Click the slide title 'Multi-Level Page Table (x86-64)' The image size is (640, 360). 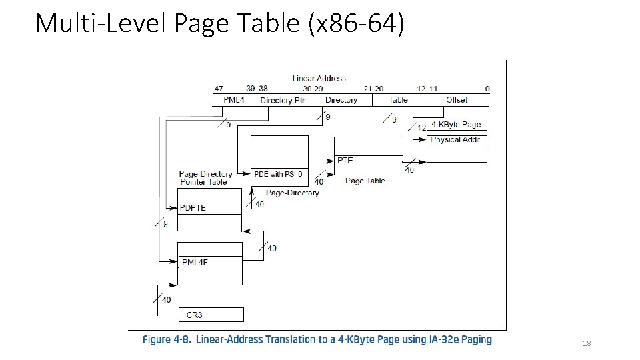click(219, 23)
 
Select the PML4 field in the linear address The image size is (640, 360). click(234, 100)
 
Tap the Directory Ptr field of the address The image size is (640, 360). click(282, 100)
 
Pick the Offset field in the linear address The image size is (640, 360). click(456, 100)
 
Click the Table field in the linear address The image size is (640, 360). click(398, 100)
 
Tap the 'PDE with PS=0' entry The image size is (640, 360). click(279, 175)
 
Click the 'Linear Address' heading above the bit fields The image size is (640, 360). click(319, 78)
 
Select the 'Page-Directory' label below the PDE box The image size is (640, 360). click(293, 193)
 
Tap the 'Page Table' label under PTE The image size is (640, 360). click(365, 181)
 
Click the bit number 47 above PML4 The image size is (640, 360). click(219, 89)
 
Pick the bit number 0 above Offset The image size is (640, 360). click(487, 89)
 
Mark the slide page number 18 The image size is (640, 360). click(587, 343)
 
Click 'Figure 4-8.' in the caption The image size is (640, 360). click(165, 339)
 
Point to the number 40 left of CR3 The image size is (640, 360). click(166, 300)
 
